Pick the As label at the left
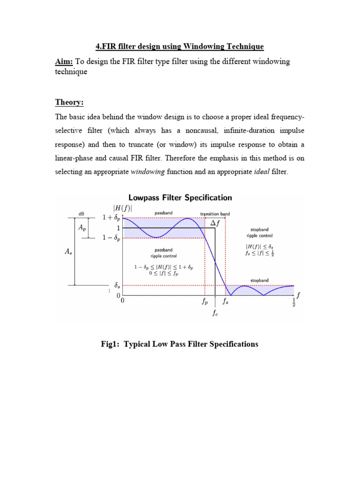pyautogui.click(x=67, y=252)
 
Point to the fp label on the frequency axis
pyautogui.click(x=205, y=302)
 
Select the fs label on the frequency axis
pyautogui.click(x=225, y=302)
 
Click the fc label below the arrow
pyautogui.click(x=215, y=314)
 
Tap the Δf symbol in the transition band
pyautogui.click(x=215, y=224)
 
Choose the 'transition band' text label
pyautogui.click(x=215, y=214)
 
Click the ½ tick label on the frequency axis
pyautogui.click(x=294, y=302)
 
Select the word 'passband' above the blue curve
pyautogui.click(x=163, y=213)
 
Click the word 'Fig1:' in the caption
pyautogui.click(x=112, y=344)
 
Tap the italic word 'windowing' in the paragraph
pyautogui.click(x=147, y=172)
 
